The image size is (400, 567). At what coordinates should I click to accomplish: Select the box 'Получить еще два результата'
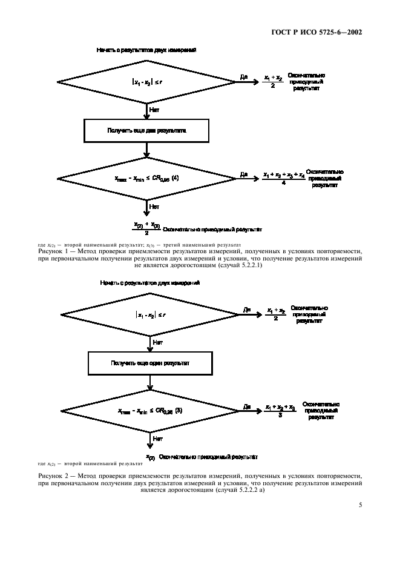tap(147, 130)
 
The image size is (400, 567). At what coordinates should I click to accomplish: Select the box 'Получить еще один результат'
tap(151, 363)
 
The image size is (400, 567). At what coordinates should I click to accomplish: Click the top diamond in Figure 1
tap(147, 82)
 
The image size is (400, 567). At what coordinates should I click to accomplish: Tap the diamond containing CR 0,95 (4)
tap(147, 179)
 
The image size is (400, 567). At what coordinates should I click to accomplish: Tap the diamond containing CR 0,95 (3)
tap(151, 411)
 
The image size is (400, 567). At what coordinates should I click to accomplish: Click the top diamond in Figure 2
tap(151, 315)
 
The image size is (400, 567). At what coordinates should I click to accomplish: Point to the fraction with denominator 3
tap(280, 411)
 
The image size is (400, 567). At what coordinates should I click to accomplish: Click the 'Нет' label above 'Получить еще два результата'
tap(154, 110)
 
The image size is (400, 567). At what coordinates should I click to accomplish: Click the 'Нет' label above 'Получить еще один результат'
tap(157, 342)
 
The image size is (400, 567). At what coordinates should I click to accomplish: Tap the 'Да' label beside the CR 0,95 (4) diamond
tap(243, 174)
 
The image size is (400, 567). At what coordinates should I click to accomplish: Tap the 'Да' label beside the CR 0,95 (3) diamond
tap(247, 406)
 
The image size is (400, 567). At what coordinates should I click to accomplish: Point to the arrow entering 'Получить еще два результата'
tap(147, 115)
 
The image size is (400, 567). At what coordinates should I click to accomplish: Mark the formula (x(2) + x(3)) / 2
tap(146, 228)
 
